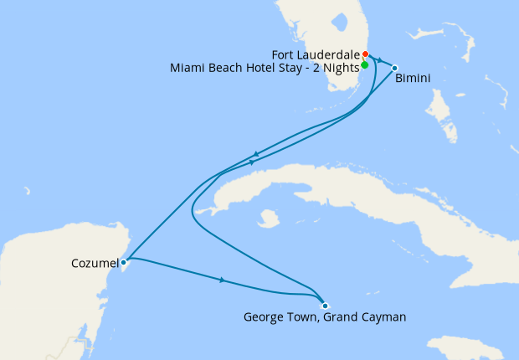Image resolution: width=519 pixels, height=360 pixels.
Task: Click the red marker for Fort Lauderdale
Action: click(x=366, y=54)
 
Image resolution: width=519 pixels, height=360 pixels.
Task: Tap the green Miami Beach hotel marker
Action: click(x=364, y=64)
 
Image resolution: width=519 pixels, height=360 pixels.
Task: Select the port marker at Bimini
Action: click(x=394, y=68)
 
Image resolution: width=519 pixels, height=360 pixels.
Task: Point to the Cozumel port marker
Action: click(x=123, y=262)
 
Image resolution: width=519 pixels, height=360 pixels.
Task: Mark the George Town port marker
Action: click(x=325, y=306)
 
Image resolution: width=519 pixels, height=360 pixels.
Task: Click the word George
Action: click(x=262, y=317)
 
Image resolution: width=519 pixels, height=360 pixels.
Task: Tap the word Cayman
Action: click(x=384, y=317)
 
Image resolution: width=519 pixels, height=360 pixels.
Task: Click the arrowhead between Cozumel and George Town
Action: click(x=222, y=280)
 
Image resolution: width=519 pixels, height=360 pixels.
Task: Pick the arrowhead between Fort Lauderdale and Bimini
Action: click(x=379, y=61)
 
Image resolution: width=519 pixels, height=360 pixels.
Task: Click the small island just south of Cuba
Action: click(x=269, y=219)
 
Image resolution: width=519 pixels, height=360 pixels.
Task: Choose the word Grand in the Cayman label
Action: click(x=342, y=317)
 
